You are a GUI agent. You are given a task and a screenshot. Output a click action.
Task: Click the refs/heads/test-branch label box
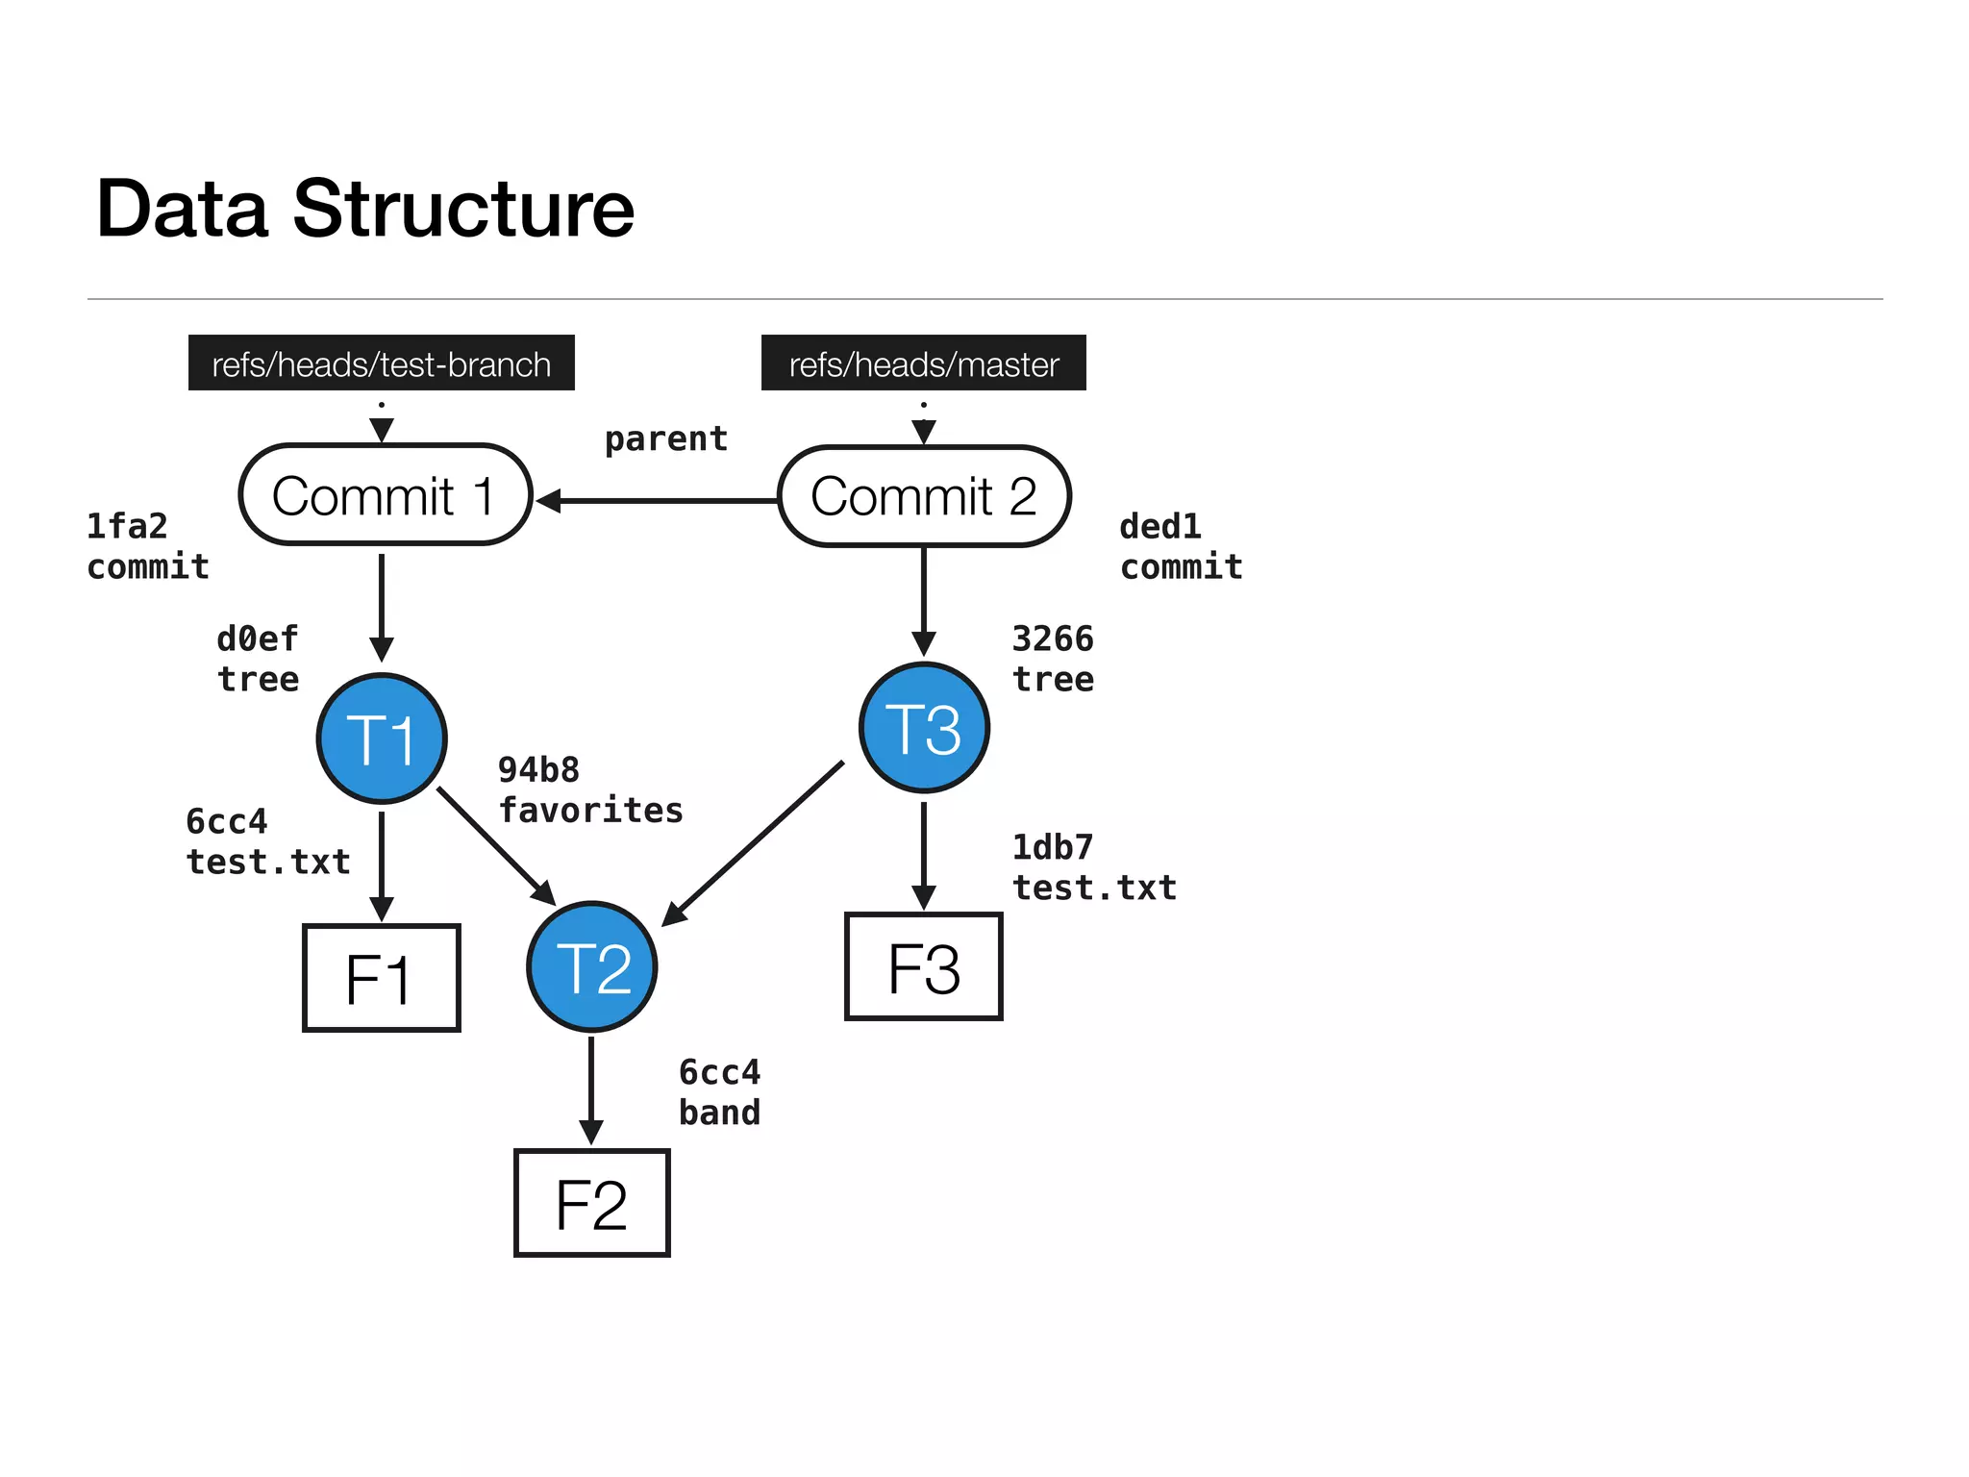point(381,363)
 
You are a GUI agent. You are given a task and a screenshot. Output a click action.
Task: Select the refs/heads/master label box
point(923,363)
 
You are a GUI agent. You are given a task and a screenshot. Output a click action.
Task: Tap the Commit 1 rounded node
point(385,495)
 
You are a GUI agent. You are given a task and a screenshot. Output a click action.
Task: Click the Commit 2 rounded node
point(923,496)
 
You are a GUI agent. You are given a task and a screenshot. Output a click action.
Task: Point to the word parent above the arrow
point(665,439)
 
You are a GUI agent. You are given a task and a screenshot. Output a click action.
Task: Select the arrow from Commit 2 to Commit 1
point(663,500)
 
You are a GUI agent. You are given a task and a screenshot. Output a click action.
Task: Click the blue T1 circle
point(382,738)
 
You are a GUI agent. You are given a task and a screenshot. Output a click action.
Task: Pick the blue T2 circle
point(592,966)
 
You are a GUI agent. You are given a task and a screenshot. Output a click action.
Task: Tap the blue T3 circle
point(924,728)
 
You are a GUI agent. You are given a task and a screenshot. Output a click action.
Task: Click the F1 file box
point(382,978)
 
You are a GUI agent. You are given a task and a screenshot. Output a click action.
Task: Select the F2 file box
point(592,1203)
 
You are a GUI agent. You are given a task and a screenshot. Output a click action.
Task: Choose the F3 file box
point(924,966)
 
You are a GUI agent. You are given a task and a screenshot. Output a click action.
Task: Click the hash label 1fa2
point(127,527)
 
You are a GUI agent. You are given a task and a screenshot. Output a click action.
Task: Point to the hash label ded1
point(1160,527)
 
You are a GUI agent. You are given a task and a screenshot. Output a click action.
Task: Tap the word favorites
point(590,811)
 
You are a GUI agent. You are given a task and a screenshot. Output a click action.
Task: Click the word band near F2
point(719,1113)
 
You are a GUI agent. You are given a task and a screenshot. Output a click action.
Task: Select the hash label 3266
point(1053,638)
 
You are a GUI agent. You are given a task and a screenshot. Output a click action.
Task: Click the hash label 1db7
point(1053,847)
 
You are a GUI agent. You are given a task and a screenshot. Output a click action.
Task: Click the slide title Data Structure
point(365,209)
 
